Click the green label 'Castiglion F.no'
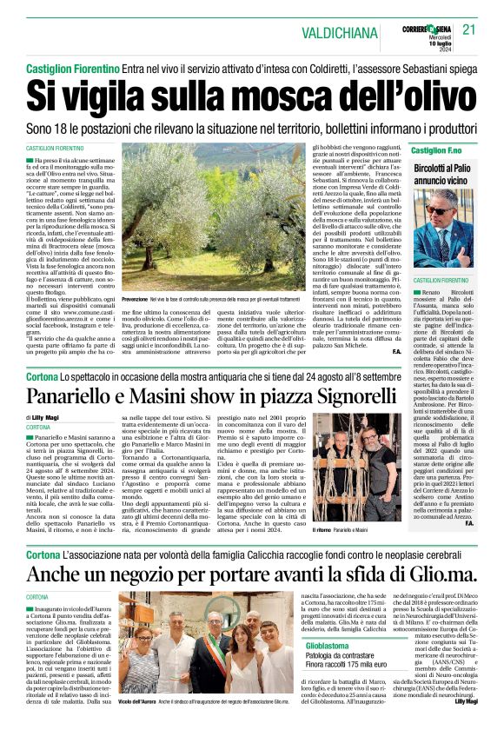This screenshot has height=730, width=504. pos(437,150)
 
